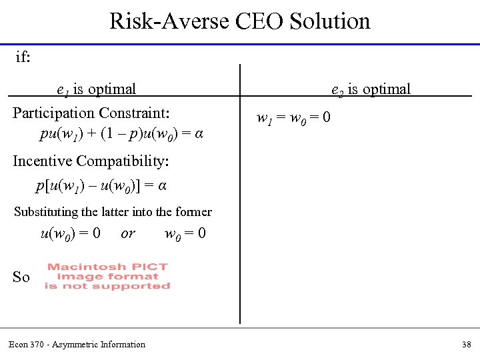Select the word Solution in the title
click(x=330, y=21)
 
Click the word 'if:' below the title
click(x=23, y=57)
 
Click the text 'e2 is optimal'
click(x=371, y=89)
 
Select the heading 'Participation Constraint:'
click(x=91, y=113)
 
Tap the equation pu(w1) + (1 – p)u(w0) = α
click(x=121, y=134)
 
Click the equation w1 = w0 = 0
click(x=293, y=119)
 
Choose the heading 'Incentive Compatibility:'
click(x=91, y=161)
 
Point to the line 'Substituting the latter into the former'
click(x=113, y=212)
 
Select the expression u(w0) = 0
click(x=71, y=234)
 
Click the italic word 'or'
click(x=128, y=234)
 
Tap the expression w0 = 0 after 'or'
click(x=185, y=234)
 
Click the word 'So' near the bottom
click(x=21, y=277)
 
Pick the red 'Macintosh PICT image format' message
click(x=107, y=276)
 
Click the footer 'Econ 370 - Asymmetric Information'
click(x=77, y=345)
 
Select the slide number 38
click(x=466, y=345)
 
